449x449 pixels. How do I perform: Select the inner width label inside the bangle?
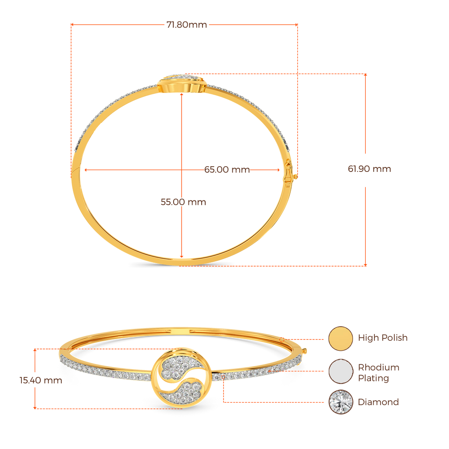[227, 170]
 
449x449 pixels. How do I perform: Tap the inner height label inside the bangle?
[183, 202]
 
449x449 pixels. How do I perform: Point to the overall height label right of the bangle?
[369, 169]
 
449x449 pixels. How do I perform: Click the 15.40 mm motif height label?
[41, 380]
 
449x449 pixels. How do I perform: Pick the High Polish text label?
[382, 338]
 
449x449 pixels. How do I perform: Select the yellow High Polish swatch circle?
[341, 338]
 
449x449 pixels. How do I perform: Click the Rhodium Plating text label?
[378, 373]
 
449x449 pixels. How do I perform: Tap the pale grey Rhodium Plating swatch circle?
[341, 371]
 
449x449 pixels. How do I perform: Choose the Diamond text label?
[378, 402]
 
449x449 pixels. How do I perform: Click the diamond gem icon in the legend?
[341, 402]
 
